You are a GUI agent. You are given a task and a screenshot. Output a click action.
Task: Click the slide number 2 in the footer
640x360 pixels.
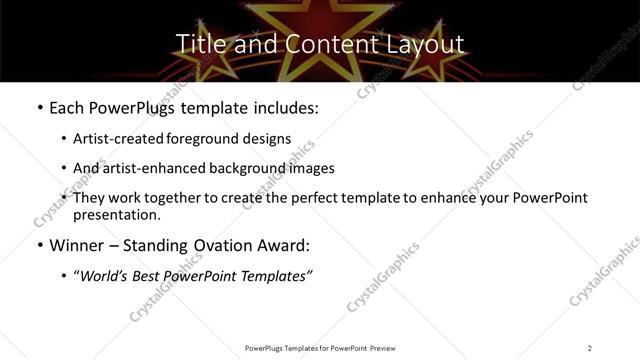(590, 348)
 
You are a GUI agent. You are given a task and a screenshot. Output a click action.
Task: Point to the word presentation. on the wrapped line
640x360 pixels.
(116, 214)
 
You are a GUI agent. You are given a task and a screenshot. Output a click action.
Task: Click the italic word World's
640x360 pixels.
(104, 275)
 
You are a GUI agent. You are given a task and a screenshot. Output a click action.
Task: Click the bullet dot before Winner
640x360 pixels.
(39, 245)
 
